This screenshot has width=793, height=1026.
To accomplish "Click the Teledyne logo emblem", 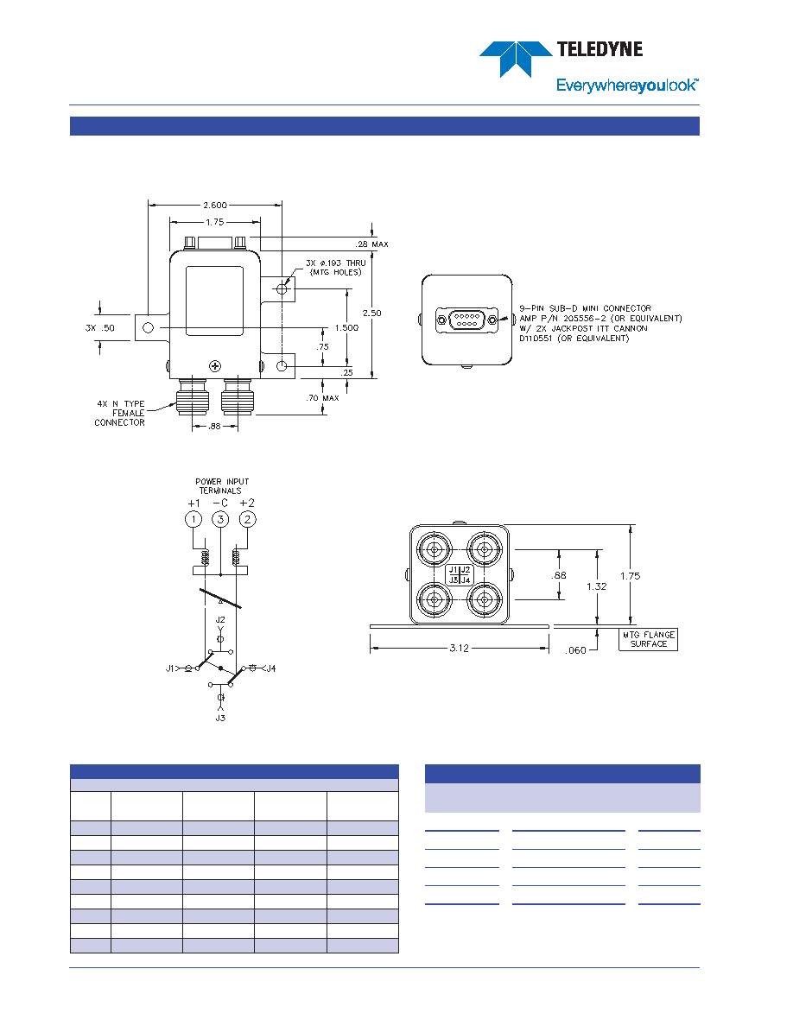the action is pyautogui.click(x=517, y=59).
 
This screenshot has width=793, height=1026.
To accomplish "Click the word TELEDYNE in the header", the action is pyautogui.click(x=600, y=49).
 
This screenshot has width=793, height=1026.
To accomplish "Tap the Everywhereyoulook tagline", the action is pyautogui.click(x=627, y=85).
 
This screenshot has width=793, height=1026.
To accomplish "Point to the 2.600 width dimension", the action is pyautogui.click(x=214, y=205).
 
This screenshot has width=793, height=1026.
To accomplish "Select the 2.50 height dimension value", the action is pyautogui.click(x=371, y=313).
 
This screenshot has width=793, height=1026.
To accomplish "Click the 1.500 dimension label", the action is pyautogui.click(x=346, y=328).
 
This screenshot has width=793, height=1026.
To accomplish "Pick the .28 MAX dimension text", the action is pyautogui.click(x=372, y=244).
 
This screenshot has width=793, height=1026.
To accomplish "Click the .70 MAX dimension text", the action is pyautogui.click(x=322, y=398).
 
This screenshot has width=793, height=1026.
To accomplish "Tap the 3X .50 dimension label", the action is pyautogui.click(x=100, y=328).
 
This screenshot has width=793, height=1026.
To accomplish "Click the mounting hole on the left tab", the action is pyautogui.click(x=149, y=328).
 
